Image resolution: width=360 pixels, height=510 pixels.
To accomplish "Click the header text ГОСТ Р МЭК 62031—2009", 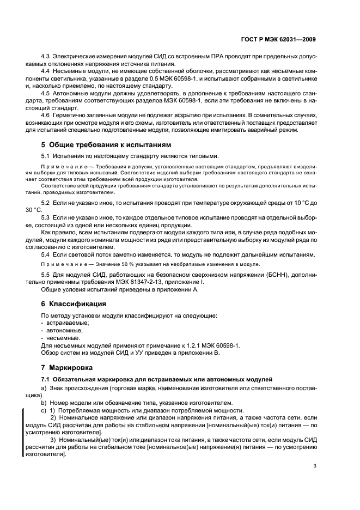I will coord(278,39).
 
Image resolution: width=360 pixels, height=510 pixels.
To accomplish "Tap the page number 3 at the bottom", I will coord(315,465).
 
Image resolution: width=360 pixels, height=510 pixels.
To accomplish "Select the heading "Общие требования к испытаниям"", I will coord(109,145).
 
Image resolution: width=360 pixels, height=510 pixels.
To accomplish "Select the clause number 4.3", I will coord(46,57).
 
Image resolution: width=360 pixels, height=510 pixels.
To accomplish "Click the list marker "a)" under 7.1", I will coord(44,387).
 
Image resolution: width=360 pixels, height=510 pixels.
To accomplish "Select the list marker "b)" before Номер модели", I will coord(44,403).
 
